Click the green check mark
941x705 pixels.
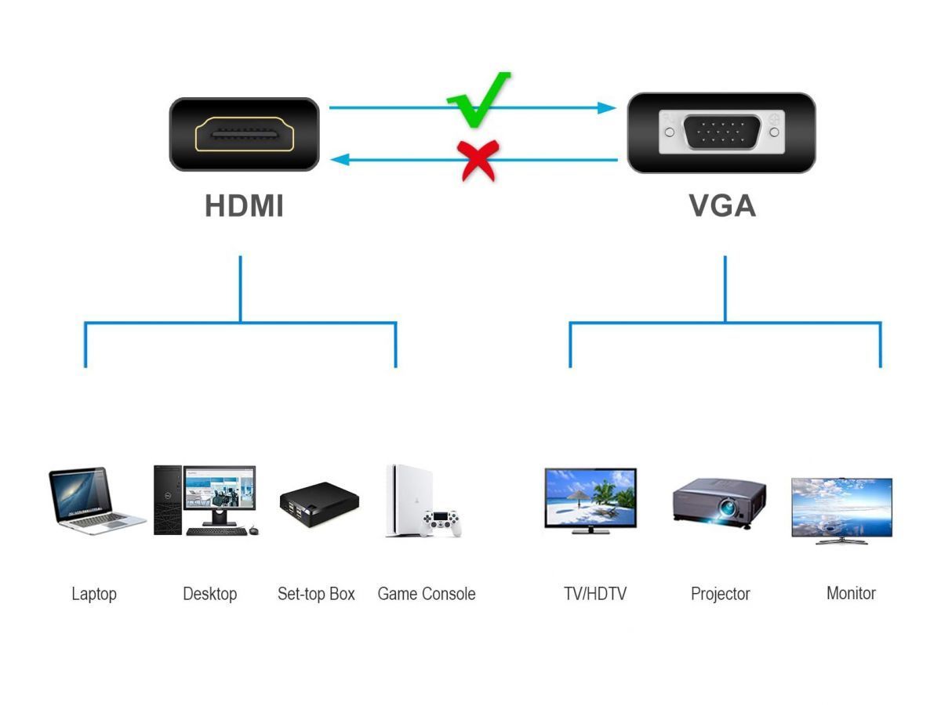(x=477, y=102)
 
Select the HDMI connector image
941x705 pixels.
(x=244, y=134)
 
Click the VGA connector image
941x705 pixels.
(x=721, y=132)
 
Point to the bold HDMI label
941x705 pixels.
(x=244, y=206)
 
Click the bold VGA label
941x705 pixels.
(x=722, y=206)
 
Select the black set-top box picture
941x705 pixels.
(x=318, y=504)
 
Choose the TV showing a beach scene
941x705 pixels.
(x=590, y=501)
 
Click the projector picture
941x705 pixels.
(x=718, y=501)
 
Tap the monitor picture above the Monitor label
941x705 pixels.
(x=841, y=509)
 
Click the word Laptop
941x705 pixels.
(x=94, y=594)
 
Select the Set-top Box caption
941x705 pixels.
(x=316, y=594)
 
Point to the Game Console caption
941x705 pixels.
(x=427, y=594)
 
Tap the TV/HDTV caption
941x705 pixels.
(x=595, y=594)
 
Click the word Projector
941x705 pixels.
(x=720, y=594)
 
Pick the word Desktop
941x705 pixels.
(x=209, y=594)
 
